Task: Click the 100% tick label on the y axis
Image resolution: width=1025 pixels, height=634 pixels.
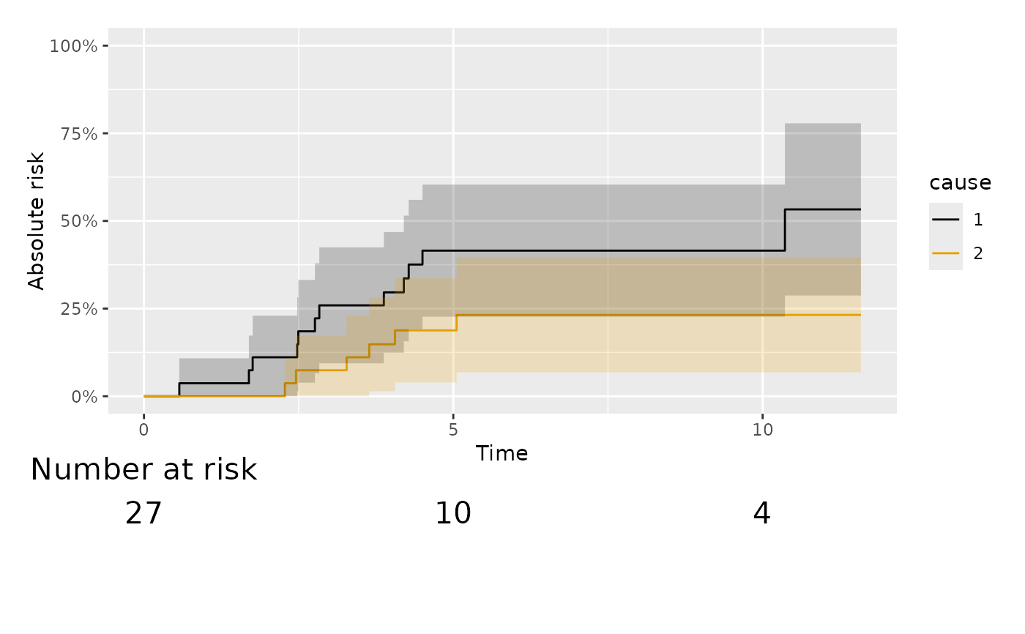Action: point(73,46)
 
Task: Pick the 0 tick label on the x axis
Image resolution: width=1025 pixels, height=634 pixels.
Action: point(143,430)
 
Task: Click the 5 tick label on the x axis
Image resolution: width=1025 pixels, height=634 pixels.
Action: point(453,430)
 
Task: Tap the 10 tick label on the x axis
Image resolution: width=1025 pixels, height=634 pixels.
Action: point(762,430)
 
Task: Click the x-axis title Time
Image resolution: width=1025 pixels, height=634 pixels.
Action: point(502,454)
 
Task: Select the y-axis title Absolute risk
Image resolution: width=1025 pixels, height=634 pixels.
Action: point(37,220)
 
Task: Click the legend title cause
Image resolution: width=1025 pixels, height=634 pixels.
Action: point(961,182)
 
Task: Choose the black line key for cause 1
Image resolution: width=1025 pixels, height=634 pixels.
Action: point(945,219)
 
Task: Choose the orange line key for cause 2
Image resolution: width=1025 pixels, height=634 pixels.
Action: point(945,253)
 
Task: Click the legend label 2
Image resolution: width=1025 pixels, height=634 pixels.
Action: point(979,253)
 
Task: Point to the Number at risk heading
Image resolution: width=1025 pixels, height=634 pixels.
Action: point(143,470)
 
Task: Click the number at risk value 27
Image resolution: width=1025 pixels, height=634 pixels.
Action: point(143,514)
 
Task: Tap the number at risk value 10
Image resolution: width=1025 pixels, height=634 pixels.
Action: point(453,514)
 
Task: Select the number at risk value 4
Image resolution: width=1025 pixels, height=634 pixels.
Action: point(761,514)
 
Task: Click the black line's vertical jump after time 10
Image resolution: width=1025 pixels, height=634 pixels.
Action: point(785,230)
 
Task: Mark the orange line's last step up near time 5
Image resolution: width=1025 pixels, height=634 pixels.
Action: point(456,323)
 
